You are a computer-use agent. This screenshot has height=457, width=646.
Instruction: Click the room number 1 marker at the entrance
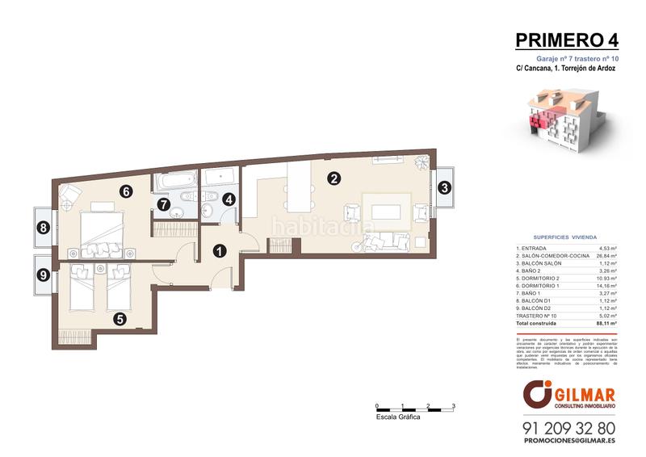point(219,251)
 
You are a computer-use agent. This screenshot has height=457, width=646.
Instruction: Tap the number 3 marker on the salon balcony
point(444,188)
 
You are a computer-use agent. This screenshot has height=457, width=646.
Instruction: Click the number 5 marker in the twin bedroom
point(120,318)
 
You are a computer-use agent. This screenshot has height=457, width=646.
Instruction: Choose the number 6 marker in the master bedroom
point(124,191)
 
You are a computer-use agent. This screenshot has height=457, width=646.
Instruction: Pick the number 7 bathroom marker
point(164,205)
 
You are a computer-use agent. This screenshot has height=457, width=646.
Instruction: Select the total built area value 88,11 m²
point(606,321)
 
